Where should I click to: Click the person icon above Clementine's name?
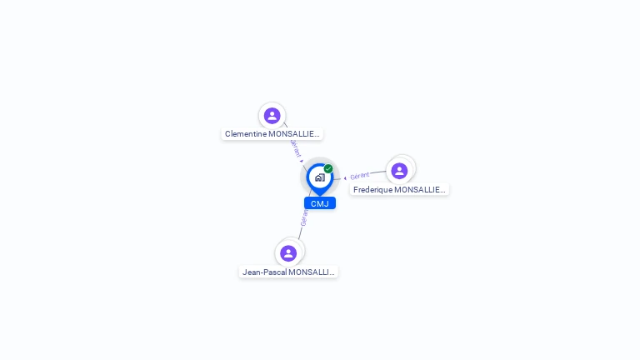(x=272, y=116)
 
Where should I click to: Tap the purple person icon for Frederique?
(x=399, y=171)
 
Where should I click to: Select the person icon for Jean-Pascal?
(x=288, y=253)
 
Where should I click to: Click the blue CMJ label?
(x=320, y=203)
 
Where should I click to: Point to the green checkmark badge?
(x=328, y=168)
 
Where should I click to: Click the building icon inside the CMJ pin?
(x=319, y=177)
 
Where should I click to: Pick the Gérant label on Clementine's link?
(x=295, y=147)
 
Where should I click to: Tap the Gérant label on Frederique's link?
(x=360, y=176)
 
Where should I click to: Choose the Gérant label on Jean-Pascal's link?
(x=304, y=217)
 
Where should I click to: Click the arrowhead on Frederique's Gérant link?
(x=345, y=177)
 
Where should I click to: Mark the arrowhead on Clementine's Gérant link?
(x=302, y=160)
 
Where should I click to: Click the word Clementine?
(x=246, y=134)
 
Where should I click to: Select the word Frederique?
(x=372, y=190)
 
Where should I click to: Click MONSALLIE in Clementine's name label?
(x=294, y=134)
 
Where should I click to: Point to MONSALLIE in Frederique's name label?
(x=420, y=190)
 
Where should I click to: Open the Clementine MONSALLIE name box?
(x=272, y=134)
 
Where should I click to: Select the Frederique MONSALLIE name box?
(x=399, y=190)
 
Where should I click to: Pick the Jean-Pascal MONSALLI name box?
(x=288, y=272)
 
